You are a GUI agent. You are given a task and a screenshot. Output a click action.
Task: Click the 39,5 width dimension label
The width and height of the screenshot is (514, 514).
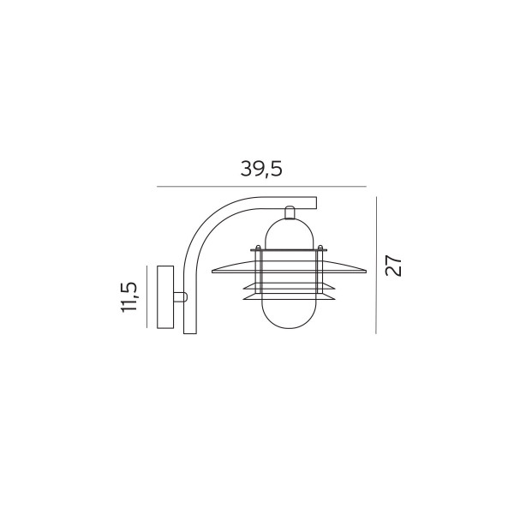(261, 169)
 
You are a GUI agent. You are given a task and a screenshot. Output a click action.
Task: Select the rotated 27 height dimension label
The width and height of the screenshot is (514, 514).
(393, 265)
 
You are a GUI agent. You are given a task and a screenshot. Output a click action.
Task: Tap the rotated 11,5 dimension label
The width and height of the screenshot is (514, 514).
(128, 297)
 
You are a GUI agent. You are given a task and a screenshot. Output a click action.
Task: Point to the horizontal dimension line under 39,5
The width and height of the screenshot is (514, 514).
(261, 187)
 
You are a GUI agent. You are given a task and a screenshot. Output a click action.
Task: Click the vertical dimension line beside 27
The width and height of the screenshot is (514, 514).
(376, 265)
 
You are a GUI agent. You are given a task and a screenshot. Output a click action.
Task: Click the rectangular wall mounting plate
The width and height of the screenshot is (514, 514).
(165, 297)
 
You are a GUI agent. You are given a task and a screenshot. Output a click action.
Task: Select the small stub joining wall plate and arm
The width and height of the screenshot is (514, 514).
(180, 297)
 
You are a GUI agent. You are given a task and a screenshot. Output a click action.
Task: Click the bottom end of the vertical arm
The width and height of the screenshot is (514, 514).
(190, 333)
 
